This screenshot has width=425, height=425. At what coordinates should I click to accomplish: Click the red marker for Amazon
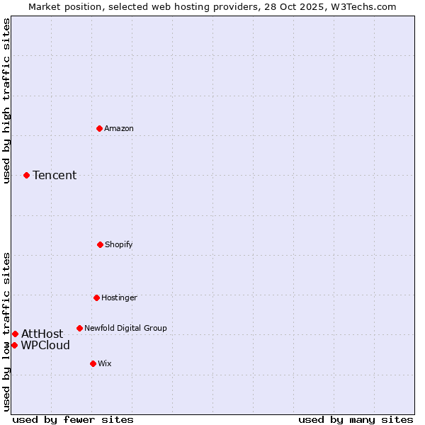[99, 128]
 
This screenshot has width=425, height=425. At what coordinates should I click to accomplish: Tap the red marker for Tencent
[26, 175]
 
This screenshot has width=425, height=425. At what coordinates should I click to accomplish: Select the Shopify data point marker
[100, 244]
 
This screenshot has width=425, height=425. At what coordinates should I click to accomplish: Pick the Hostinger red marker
[96, 297]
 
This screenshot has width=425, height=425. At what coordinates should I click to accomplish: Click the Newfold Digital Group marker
[79, 328]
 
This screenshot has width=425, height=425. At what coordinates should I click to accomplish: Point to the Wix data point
[93, 363]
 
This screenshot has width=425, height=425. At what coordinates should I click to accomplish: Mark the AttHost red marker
[15, 334]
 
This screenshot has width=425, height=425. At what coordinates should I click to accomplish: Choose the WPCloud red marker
[14, 345]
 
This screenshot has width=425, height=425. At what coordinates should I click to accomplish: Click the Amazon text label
[119, 128]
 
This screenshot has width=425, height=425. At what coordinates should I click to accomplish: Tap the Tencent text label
[55, 175]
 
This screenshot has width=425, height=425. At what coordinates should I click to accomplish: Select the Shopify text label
[119, 244]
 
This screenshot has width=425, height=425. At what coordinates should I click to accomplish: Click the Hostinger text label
[119, 297]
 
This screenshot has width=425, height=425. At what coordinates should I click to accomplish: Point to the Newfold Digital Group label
[125, 328]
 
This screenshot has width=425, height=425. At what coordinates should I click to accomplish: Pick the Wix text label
[105, 363]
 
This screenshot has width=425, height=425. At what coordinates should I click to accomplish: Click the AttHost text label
[42, 334]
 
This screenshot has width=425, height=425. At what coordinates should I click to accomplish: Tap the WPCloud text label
[45, 345]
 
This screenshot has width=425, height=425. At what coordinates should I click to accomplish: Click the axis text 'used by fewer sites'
[73, 419]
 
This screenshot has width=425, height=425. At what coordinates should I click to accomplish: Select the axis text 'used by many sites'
[356, 419]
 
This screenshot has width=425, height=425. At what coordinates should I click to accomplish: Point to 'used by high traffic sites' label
[6, 101]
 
